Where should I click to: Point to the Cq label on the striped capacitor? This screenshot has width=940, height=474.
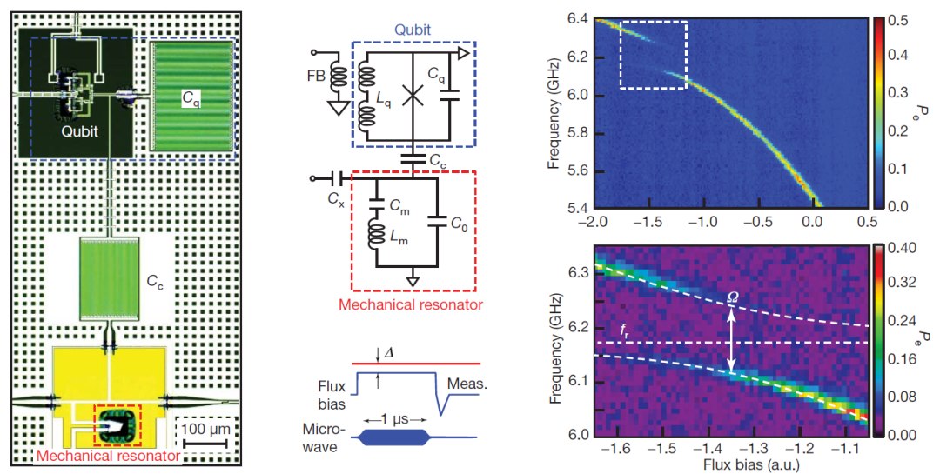point(190,101)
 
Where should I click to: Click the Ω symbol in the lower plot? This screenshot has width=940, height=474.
point(733,296)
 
